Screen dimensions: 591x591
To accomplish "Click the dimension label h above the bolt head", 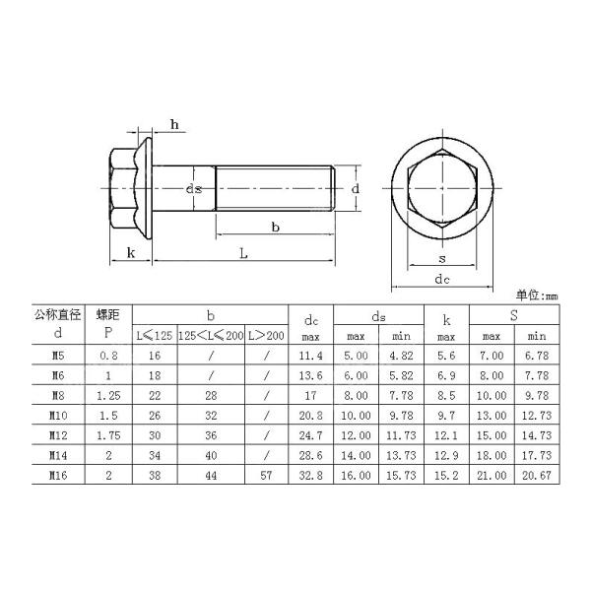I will (x=173, y=123).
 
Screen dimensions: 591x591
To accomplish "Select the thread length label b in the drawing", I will (x=275, y=228).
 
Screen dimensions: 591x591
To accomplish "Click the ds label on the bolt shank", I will (x=195, y=187).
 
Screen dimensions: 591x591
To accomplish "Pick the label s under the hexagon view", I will (x=442, y=259).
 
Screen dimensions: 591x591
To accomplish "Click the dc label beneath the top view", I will (x=442, y=280).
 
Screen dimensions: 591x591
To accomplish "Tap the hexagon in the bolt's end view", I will (x=442, y=187).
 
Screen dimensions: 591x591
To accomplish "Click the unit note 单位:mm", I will (x=536, y=295).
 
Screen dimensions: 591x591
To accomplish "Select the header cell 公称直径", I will (x=55, y=314).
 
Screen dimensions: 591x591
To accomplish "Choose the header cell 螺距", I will (x=107, y=314).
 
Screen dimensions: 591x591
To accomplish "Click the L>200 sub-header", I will (x=266, y=336).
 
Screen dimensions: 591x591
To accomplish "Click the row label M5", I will (x=56, y=354).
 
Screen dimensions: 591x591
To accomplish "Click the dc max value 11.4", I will (x=310, y=354).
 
